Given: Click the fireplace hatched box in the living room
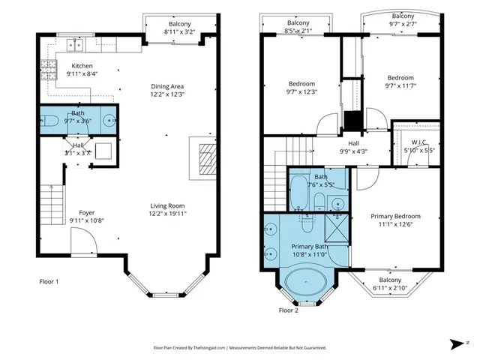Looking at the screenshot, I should tap(204, 155).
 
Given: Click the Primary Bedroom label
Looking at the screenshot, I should tap(395, 217).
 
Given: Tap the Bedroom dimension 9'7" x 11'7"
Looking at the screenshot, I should tap(400, 88).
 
